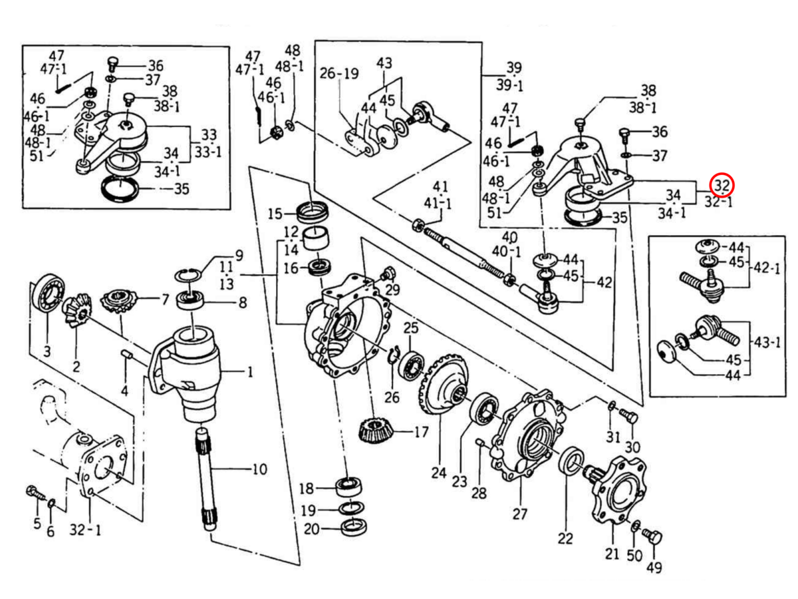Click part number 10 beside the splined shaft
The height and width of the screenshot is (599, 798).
tap(259, 469)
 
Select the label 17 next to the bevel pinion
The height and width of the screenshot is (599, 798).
tap(420, 433)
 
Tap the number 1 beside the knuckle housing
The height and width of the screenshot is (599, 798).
tap(249, 373)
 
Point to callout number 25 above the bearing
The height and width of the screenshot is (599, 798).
tap(411, 327)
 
